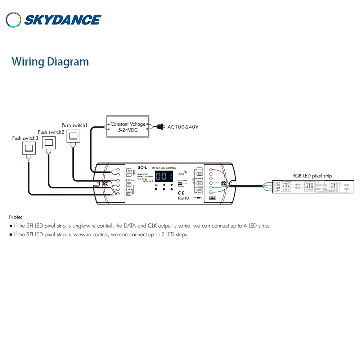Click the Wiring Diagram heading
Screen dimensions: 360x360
tap(50, 62)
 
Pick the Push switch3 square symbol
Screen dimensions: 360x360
tap(28, 148)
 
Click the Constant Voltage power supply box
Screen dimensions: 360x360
tap(128, 126)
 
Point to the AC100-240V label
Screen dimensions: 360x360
tap(183, 127)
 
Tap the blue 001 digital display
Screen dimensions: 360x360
tap(164, 176)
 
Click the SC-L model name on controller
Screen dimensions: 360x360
tap(142, 167)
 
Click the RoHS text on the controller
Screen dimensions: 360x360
tap(183, 198)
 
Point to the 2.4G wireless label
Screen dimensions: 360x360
tap(181, 173)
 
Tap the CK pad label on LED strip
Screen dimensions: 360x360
tap(278, 185)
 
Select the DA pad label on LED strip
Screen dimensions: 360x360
tap(278, 188)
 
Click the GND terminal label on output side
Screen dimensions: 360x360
tap(199, 192)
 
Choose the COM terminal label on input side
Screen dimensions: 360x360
tap(129, 194)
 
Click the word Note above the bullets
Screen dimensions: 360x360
tap(15, 217)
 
